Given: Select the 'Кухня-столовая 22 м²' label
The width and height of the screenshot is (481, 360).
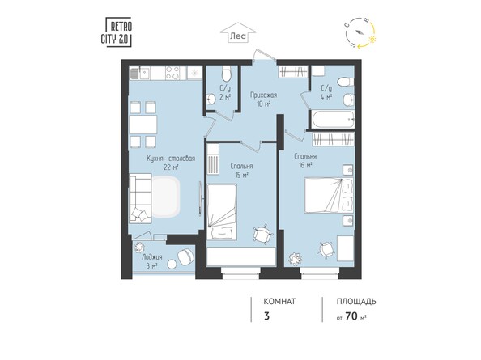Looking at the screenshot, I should point(170,163).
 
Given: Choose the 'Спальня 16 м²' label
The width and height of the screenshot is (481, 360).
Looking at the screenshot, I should point(305,159).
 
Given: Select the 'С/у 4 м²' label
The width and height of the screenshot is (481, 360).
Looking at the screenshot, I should point(326,91).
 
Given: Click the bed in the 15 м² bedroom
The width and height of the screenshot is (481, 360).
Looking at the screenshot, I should point(222,207).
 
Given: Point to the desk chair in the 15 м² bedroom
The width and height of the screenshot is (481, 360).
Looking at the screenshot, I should point(262,234).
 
